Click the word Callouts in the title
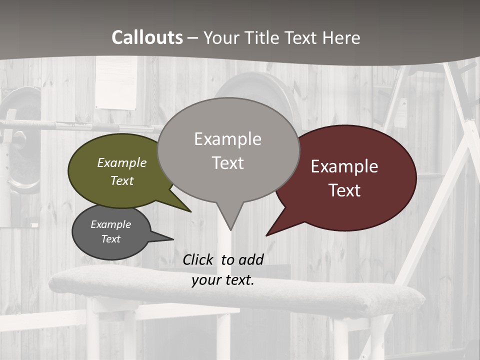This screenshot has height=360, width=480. coord(147,38)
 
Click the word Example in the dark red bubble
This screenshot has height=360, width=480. coord(344,166)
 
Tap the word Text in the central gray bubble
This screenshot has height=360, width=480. coord(228,163)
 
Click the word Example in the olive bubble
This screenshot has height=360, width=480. coord(122,162)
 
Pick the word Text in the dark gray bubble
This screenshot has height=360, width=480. coord(111,239)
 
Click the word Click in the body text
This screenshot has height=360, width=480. coord(198,259)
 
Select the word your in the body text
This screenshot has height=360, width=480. coord(206,280)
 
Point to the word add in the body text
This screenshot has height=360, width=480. coord(250,259)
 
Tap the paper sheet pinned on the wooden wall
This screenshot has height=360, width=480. coord(116,82)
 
